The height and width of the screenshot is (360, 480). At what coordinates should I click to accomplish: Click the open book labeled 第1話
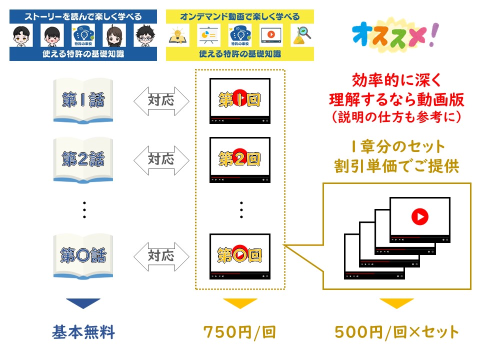(x=83, y=101)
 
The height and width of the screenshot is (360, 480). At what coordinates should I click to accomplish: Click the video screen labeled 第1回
(x=239, y=101)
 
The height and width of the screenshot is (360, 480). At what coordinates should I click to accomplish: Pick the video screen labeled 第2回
(x=239, y=160)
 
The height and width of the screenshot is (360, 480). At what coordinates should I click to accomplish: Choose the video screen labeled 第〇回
(x=239, y=256)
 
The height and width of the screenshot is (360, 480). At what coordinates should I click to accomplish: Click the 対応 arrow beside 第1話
(x=161, y=101)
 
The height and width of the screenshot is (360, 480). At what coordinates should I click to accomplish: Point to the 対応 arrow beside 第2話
(x=161, y=160)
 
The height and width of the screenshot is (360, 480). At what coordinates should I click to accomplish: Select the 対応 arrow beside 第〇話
(x=161, y=256)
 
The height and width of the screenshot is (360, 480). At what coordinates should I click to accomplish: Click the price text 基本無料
(x=83, y=332)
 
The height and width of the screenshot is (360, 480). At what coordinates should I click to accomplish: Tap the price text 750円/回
(x=239, y=332)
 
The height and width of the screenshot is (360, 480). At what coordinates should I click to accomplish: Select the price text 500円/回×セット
(x=396, y=332)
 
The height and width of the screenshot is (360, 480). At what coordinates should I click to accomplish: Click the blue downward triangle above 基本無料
(x=83, y=303)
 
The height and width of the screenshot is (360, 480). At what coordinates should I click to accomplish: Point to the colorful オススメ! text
(x=395, y=35)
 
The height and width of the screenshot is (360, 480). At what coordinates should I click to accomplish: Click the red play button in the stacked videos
(x=419, y=216)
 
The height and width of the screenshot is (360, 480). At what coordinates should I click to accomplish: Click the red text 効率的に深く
(x=396, y=80)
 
